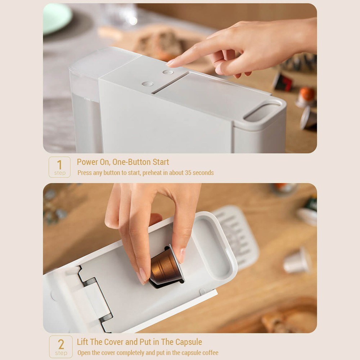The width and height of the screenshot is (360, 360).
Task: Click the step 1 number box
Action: [59, 167]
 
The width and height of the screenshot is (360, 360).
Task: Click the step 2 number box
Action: [61, 347]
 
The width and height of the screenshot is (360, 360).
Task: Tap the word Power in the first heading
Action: [87, 162]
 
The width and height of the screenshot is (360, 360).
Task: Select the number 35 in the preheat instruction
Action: [188, 173]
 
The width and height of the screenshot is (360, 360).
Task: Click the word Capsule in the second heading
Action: [189, 342]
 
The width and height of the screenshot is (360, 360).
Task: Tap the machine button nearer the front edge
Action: [148, 84]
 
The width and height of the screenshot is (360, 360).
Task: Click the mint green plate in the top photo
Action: [57, 18]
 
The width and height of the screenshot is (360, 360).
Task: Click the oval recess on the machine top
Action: [262, 112]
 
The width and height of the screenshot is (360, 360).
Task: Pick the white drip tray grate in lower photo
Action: [236, 236]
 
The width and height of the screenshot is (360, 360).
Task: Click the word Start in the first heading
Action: [161, 162]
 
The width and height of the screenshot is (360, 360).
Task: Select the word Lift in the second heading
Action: [82, 342]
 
